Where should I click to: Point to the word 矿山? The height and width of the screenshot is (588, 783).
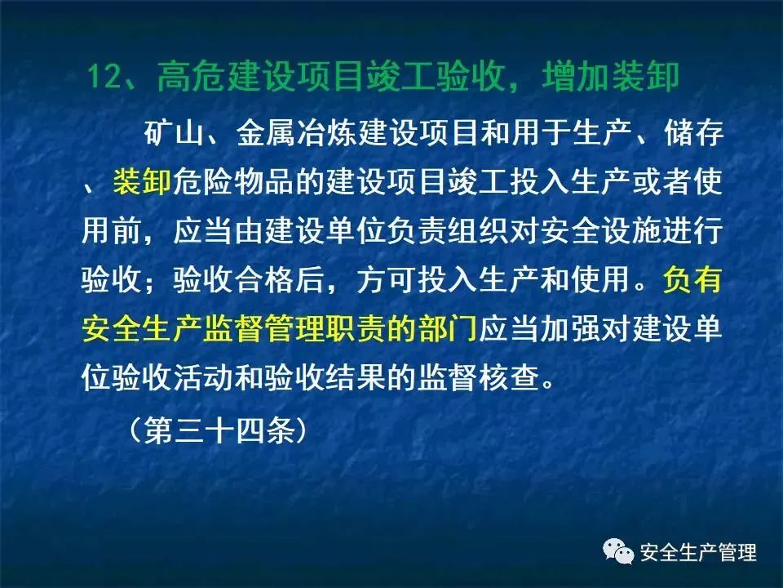175,132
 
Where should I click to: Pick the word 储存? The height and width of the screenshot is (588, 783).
693,132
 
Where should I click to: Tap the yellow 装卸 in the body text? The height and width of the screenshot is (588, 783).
142,181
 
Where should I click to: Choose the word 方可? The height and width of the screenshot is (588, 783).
387,279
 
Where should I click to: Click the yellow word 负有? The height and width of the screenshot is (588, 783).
692,279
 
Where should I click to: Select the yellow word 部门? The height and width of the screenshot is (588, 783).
448,328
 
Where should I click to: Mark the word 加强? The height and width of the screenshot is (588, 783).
571,328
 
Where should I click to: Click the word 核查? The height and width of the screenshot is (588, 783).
509,377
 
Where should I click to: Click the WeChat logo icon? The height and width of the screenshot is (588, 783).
618,551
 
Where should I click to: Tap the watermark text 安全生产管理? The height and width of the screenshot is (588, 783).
698,552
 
